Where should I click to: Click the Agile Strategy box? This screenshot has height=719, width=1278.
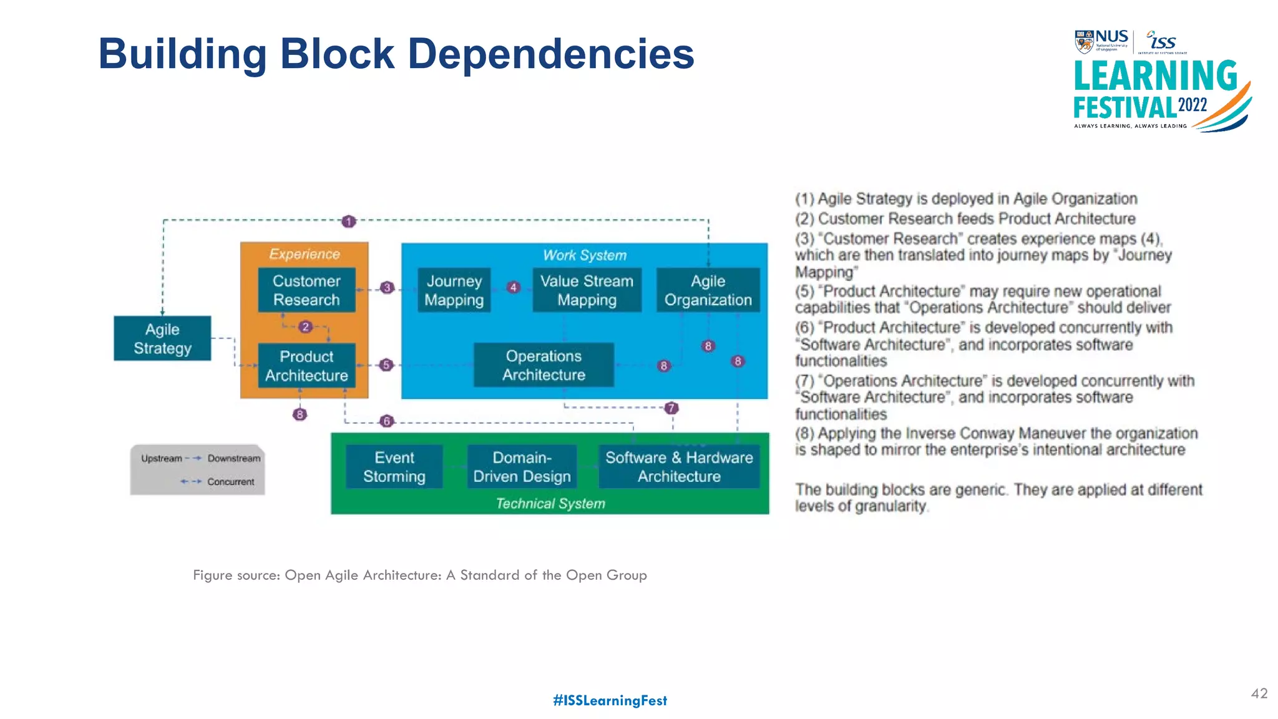point(162,338)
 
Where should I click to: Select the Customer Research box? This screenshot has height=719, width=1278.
point(306,290)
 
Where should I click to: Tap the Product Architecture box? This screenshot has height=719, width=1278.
point(306,366)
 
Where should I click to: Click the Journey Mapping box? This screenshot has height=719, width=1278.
point(454,290)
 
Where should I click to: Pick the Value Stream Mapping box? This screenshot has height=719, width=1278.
point(587,290)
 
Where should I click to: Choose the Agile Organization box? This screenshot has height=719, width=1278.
point(708,290)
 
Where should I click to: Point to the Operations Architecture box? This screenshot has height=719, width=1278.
point(544,365)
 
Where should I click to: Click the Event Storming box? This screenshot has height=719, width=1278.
point(394,467)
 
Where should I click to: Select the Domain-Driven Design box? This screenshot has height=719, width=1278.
point(522,467)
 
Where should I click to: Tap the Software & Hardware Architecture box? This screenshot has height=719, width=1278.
point(679,467)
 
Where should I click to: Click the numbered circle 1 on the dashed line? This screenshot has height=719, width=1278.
point(349,221)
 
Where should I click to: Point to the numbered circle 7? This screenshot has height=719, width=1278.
point(671,408)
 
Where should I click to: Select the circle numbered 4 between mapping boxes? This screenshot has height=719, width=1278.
point(514,287)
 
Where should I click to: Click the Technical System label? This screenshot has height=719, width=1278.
point(550,504)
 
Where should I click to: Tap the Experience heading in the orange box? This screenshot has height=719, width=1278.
point(305,254)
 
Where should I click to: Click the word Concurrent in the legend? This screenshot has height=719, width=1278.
point(230,482)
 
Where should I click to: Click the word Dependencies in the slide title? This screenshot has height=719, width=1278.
point(550,54)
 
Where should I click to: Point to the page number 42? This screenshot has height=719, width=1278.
point(1259,693)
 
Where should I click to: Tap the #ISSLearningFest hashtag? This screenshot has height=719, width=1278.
point(610,700)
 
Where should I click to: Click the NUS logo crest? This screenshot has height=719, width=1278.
point(1084,42)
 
